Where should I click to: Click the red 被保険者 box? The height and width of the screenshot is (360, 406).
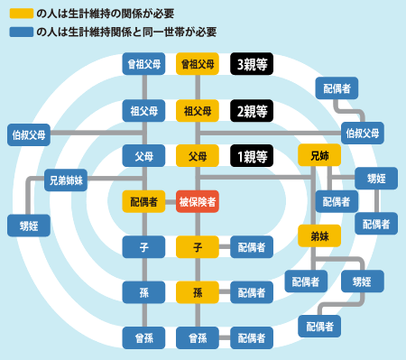click(x=198, y=200)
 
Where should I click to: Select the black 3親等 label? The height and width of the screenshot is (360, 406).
click(x=252, y=64)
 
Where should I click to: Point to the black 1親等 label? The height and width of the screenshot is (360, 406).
click(x=252, y=155)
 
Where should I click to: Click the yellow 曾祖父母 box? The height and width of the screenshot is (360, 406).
click(x=198, y=64)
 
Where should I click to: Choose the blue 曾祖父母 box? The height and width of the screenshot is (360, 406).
click(x=143, y=64)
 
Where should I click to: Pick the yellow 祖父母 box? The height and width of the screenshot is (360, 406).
click(x=198, y=111)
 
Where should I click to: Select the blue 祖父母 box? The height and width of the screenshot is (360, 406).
click(x=143, y=111)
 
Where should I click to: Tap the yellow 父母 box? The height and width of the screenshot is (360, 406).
click(x=198, y=155)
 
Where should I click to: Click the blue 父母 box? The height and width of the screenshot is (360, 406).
click(x=143, y=155)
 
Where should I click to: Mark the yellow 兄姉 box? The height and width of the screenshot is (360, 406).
click(x=319, y=155)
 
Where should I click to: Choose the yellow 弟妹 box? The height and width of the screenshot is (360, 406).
click(x=319, y=235)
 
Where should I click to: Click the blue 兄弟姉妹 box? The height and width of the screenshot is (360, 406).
click(x=65, y=180)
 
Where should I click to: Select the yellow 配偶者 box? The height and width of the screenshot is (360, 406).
click(x=143, y=200)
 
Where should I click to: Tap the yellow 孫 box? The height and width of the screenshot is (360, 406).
click(x=198, y=291)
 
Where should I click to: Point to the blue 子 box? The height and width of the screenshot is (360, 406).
click(x=143, y=245)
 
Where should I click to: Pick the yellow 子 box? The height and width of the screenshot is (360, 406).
click(x=198, y=245)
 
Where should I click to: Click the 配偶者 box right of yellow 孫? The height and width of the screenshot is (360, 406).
click(x=252, y=291)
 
